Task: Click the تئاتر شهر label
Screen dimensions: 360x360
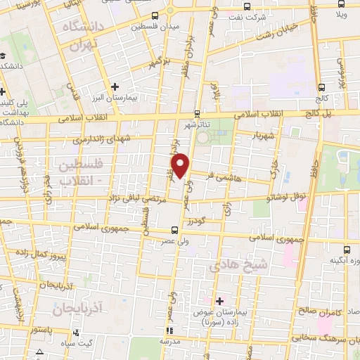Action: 198,124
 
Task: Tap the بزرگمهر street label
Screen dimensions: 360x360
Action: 160,63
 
